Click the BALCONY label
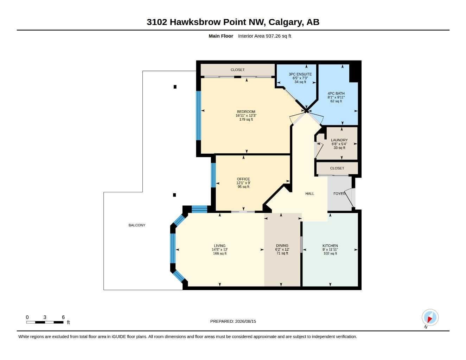[137, 225]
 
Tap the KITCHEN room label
[330, 246]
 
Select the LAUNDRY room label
[339, 140]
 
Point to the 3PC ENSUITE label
[300, 74]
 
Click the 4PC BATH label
[336, 94]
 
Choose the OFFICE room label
[243, 179]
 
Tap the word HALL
[309, 194]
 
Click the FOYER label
[339, 194]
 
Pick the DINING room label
[282, 246]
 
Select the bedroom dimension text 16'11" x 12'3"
[246, 116]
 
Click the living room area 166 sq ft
[219, 253]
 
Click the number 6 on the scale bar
[63, 317]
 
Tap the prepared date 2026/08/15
[245, 321]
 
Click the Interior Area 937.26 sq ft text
[264, 36]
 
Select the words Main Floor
[221, 36]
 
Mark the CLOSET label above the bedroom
[238, 70]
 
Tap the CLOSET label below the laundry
[337, 168]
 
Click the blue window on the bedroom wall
[199, 116]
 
